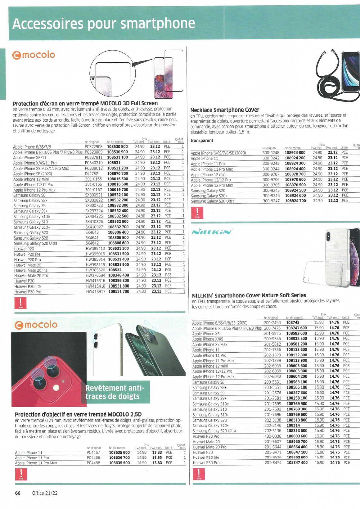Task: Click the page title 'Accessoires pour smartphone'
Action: [104, 24]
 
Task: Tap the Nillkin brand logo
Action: [211, 232]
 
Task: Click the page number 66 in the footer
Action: [18, 493]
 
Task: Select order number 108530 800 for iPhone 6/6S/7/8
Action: [117, 146]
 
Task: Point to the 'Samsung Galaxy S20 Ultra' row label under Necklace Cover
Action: [213, 201]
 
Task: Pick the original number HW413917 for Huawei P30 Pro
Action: [96, 291]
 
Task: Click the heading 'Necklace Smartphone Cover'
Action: [225, 110]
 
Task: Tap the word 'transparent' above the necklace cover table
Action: [202, 140]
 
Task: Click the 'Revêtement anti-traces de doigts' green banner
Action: [117, 392]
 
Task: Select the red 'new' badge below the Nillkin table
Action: [199, 474]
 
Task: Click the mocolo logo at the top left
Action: [34, 55]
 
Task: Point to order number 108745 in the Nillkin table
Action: [293, 323]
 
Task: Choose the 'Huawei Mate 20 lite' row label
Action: [31, 270]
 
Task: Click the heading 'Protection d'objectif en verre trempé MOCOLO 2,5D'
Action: [78, 414]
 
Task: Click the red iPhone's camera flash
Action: [56, 387]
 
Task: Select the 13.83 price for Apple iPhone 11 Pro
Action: [157, 457]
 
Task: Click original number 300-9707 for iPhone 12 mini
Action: [271, 174]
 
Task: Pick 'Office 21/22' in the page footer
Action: [45, 493]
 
